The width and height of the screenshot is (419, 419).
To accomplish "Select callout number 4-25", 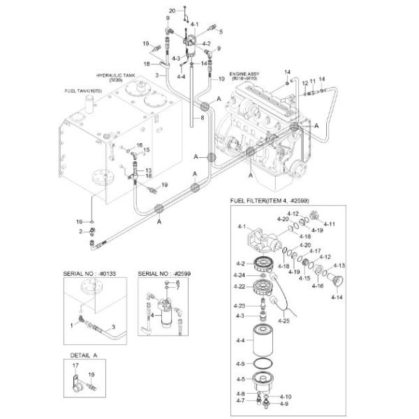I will pyautogui.click(x=284, y=320).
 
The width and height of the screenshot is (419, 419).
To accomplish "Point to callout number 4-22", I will pyautogui.click(x=239, y=286).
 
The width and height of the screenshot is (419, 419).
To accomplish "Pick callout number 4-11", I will pyautogui.click(x=329, y=224).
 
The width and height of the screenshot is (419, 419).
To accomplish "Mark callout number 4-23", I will pyautogui.click(x=239, y=306).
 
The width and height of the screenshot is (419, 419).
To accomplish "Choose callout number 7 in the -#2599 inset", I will pyautogui.click(x=178, y=288).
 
